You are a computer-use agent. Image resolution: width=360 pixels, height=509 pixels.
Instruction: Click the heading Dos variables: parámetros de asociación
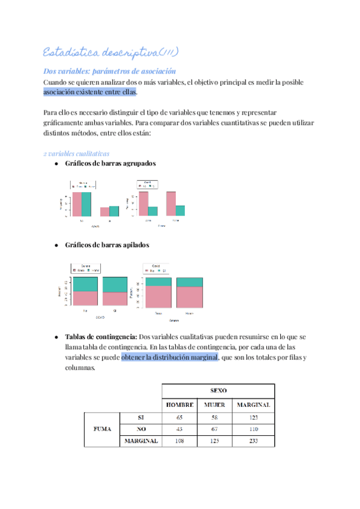point(110,71)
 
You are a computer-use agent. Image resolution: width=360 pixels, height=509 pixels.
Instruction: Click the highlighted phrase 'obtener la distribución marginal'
point(169,358)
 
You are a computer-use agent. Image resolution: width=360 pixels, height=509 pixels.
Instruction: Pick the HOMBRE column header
point(180,405)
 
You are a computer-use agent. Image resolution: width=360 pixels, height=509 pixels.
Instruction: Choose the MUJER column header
point(214,405)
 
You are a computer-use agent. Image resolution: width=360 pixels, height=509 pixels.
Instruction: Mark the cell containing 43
point(180,429)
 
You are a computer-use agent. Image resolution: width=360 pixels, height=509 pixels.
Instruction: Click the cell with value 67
point(214,429)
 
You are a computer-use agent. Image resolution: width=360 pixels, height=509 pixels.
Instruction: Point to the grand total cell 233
point(253,441)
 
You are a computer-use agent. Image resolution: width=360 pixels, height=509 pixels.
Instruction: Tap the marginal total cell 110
point(253,429)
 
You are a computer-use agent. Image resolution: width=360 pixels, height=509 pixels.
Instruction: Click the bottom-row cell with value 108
point(180,441)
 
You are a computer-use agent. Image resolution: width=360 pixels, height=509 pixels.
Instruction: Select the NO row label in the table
point(140,429)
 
